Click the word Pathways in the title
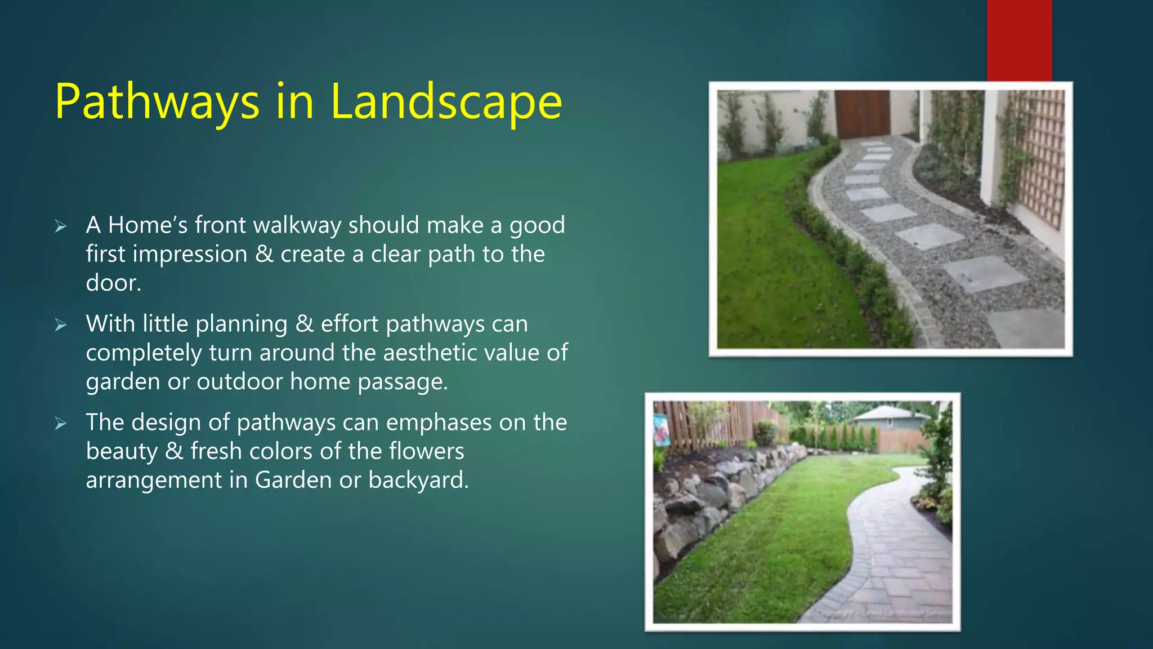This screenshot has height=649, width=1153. pos(157,103)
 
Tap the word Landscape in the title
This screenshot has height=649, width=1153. pos(446,103)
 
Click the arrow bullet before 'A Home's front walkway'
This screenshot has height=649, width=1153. pos(61,226)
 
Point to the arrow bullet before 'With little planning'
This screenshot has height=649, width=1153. pos(61,325)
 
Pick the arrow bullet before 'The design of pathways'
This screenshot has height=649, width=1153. pos(61,424)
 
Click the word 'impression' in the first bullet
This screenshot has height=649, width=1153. pos(190,254)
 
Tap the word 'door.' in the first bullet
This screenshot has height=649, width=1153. pos(113,283)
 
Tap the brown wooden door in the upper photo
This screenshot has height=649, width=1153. pos(862,113)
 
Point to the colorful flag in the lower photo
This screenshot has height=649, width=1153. pos(662,429)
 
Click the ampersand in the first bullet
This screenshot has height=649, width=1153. pos(264,254)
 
